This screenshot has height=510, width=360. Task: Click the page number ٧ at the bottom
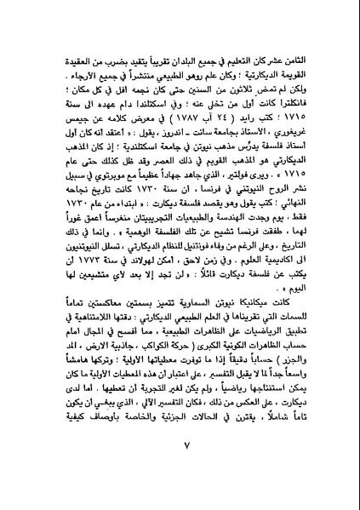tap(178, 467)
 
